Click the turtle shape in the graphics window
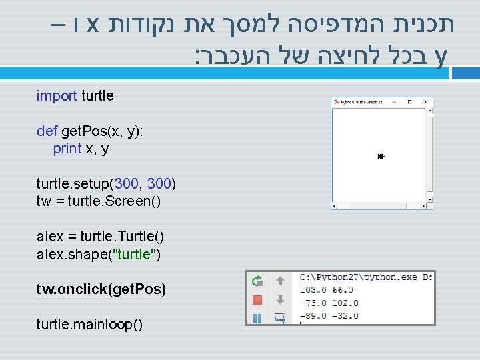pos(381,157)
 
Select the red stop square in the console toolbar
pos(257,300)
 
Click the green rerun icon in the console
pos(257,281)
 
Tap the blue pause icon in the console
pos(257,318)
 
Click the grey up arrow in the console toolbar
pos(280,281)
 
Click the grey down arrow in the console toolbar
pos(280,300)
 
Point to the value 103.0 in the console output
pos(313,290)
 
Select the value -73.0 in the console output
pos(313,303)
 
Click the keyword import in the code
pos(57,96)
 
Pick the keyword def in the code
pos(47,131)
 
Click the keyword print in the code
pos(67,149)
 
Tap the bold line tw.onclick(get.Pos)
pos(101,289)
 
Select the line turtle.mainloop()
pos(89,325)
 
